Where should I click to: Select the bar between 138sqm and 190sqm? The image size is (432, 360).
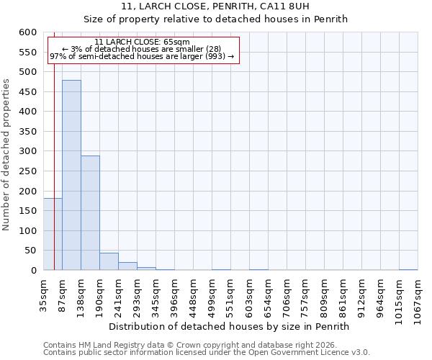coord(90,213)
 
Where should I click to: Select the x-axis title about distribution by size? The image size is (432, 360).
coord(233,326)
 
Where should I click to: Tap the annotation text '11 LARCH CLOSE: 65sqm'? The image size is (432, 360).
coord(142,42)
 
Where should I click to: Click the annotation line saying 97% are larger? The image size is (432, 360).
coord(142,56)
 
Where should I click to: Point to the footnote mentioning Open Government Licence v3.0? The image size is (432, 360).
coord(207,353)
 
